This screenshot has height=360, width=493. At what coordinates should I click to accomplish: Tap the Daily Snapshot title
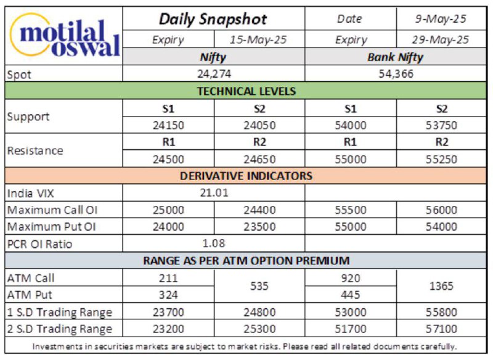[x=213, y=19]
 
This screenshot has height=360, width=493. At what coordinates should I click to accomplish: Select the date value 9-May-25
[x=441, y=19]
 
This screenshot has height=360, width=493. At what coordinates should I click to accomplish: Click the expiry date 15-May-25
[x=258, y=39]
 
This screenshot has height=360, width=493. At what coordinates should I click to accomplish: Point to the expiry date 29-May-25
[x=440, y=39]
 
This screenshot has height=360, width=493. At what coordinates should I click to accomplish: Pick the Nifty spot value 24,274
[x=214, y=74]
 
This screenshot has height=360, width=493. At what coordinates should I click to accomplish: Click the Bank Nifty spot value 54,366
[x=396, y=74]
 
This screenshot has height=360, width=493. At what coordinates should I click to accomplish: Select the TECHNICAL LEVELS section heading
[x=246, y=91]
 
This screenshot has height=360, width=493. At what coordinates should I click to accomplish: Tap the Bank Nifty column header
[x=395, y=57]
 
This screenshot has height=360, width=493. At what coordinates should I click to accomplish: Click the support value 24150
[x=168, y=126]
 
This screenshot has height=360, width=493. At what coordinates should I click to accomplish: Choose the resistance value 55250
[x=441, y=160]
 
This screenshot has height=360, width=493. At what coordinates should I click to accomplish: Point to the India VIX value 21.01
[x=214, y=193]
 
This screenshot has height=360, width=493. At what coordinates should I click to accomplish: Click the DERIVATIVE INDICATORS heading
[x=246, y=176]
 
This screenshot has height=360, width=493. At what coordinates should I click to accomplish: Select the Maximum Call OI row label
[x=52, y=210]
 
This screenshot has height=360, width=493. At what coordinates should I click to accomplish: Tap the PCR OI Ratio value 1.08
[x=214, y=243]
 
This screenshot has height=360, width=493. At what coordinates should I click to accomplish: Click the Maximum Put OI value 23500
[x=259, y=227]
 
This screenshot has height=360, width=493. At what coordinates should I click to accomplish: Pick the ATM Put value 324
[x=168, y=295]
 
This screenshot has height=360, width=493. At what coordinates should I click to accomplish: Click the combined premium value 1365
[x=441, y=286]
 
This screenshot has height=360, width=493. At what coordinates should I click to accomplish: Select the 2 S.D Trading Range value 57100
[x=441, y=329]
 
